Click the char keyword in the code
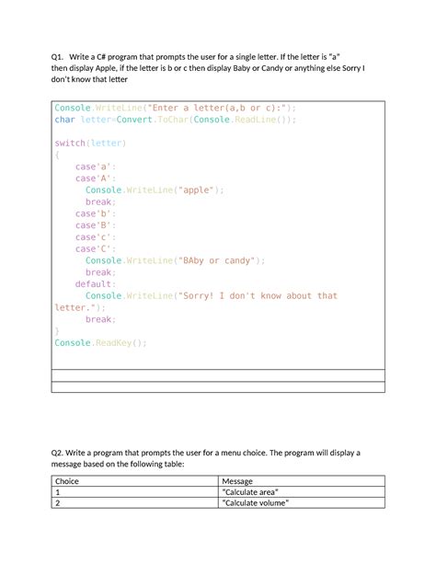tap(63, 120)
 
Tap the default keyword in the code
tap(95, 284)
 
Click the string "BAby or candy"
tap(218, 260)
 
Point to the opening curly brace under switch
tap(57, 155)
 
